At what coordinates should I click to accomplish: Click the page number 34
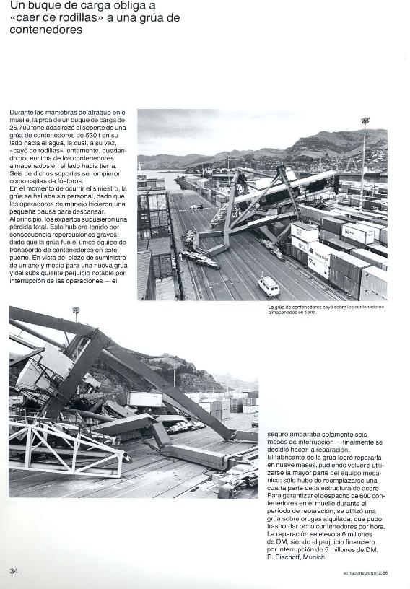coord(14,570)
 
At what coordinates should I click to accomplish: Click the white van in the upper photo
coord(269,286)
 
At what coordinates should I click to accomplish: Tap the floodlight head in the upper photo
coord(365,121)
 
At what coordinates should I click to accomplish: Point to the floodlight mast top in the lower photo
coord(75,310)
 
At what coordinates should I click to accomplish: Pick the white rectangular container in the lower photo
coord(144,399)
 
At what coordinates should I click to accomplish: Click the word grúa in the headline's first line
coord(152,17)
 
